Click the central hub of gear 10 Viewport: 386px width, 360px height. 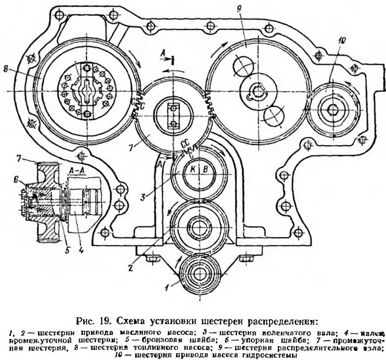point(332,108)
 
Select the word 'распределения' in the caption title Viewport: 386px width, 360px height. point(281,323)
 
